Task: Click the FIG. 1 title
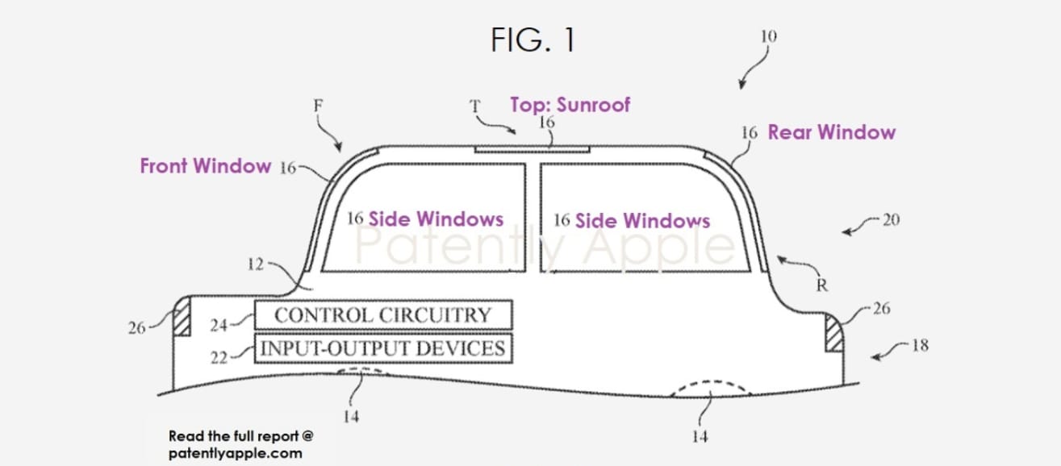tap(533, 40)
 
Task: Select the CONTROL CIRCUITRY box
tap(383, 314)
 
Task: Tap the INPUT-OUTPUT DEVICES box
tap(383, 348)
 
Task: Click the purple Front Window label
tap(205, 166)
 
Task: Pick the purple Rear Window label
tap(831, 132)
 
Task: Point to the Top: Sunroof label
tap(570, 105)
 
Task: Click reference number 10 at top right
tap(768, 36)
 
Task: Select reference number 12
tap(255, 264)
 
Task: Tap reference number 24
tap(219, 325)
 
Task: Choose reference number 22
tap(219, 358)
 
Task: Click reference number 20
tap(891, 220)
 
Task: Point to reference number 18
tap(920, 345)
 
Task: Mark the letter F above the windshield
tap(318, 105)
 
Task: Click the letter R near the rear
tap(822, 285)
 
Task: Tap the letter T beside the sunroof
tap(474, 106)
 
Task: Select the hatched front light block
tap(182, 316)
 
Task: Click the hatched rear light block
tap(833, 333)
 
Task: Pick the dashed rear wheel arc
tap(711, 381)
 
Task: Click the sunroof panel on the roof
tap(532, 149)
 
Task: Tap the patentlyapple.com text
tap(236, 453)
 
